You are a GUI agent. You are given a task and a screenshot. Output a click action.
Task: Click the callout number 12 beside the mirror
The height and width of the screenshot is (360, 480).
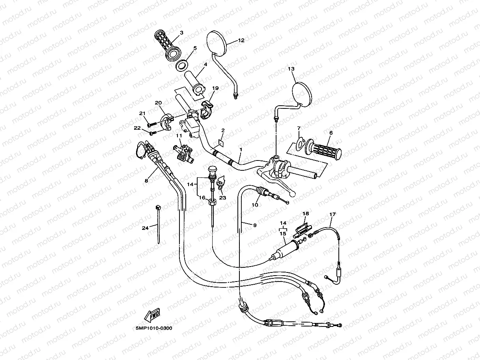[241, 40]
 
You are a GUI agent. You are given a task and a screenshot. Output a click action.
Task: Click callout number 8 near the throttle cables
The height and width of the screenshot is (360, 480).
[146, 181]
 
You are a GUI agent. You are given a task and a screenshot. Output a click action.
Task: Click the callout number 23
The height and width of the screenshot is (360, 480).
[223, 198]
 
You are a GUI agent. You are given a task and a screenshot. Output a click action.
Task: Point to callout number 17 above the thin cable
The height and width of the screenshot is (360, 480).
[332, 215]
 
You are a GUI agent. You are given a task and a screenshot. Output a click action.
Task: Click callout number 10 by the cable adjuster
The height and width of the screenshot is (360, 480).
[255, 205]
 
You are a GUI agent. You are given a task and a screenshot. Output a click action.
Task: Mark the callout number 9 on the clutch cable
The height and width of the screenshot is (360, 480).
[255, 225]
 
